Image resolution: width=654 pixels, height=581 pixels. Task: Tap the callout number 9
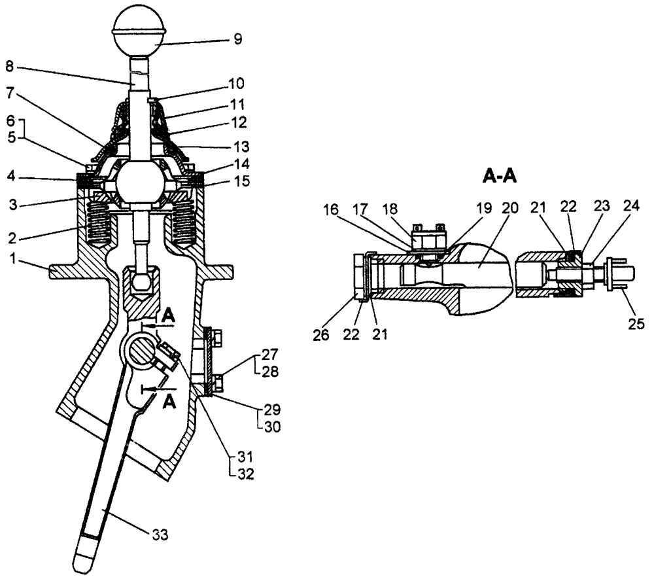pos(237,39)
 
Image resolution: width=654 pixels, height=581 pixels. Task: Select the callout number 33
pos(160,535)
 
